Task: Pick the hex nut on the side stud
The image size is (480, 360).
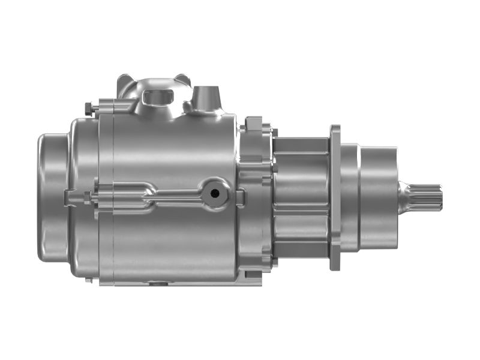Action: tap(88, 196)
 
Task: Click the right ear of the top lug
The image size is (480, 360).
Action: tap(182, 79)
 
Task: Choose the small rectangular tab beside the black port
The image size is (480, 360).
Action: tap(240, 196)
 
